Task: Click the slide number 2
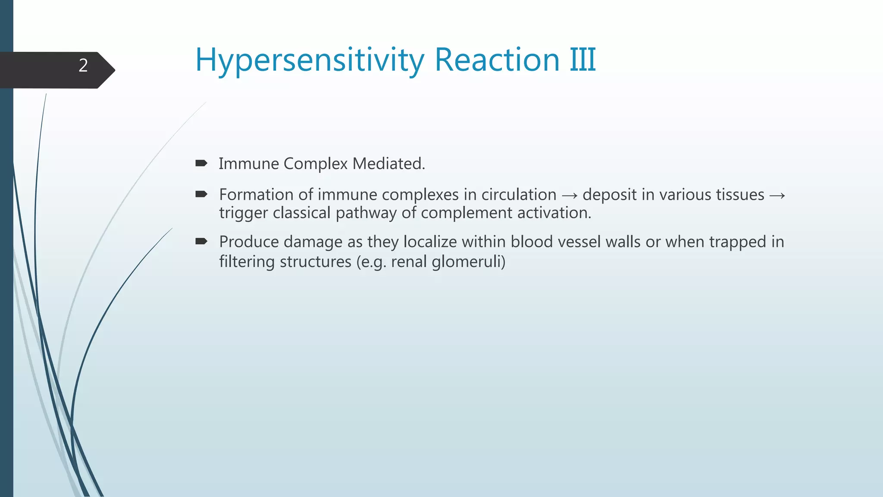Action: tap(83, 66)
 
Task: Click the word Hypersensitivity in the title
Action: tap(310, 60)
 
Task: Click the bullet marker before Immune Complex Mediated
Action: tap(201, 163)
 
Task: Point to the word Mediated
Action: tap(388, 164)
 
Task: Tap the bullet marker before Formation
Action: tap(201, 194)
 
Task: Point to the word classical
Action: tap(301, 213)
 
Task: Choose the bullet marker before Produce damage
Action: tap(201, 241)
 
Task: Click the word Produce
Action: tap(249, 242)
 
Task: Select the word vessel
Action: tap(577, 242)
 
